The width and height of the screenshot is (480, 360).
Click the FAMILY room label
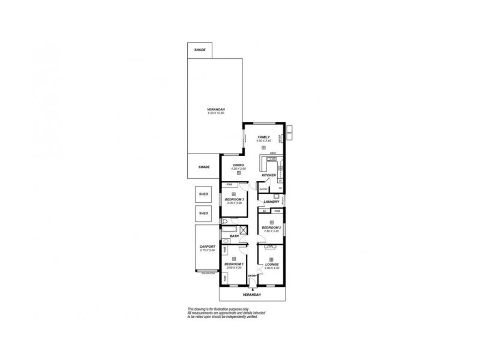tap(264, 137)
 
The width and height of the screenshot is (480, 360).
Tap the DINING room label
tap(238, 165)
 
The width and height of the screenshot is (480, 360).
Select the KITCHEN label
tap(268, 175)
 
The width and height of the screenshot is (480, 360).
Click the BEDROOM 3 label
tap(234, 199)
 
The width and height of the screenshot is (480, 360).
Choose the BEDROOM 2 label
tap(272, 227)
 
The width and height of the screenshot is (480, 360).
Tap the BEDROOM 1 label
tap(233, 264)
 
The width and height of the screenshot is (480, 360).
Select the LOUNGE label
tap(272, 264)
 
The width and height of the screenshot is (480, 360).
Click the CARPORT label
tap(207, 247)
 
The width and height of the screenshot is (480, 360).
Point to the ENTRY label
tap(253, 276)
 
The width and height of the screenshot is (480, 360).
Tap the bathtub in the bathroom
tap(230, 230)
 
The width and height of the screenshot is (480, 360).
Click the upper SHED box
tap(203, 194)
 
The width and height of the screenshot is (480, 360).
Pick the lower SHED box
tap(203, 214)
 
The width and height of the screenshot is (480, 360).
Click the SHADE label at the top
tap(200, 50)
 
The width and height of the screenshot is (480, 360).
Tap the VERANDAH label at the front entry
tap(251, 295)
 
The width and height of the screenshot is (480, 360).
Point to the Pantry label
tap(263, 190)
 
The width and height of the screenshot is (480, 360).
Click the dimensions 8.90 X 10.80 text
tap(215, 113)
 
